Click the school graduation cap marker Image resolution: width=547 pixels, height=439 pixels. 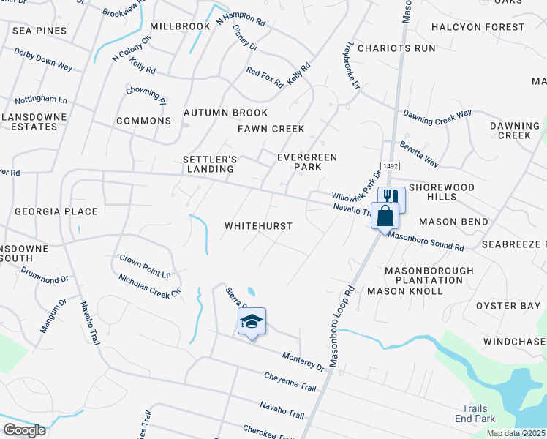pos(252,320)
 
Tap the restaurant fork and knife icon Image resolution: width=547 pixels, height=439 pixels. pos(391,198)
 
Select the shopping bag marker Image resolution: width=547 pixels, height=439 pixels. pos(384,216)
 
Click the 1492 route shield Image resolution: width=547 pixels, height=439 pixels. pos(389,167)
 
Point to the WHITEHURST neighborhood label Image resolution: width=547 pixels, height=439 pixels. pos(258,226)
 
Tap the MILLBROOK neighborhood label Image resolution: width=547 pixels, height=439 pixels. pos(180,26)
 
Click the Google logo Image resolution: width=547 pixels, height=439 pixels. pos(24,429)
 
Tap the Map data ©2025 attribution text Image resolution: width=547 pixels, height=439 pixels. pos(516,433)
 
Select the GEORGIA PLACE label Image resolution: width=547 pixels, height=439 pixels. pos(56,211)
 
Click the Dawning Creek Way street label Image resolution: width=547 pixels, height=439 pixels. pos(438,117)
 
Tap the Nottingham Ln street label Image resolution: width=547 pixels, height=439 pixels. pos(41,99)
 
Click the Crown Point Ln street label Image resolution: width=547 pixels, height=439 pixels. pos(145,266)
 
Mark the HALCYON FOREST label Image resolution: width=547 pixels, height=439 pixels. pos(478,27)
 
